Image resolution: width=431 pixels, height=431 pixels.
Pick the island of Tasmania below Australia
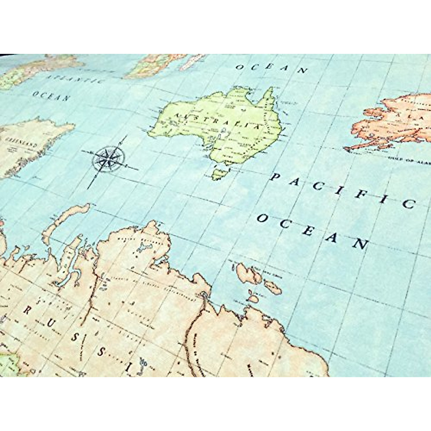[x=218, y=173]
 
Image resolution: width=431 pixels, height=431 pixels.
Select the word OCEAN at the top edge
[x=272, y=69]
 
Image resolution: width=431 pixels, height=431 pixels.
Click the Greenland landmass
[x=29, y=144]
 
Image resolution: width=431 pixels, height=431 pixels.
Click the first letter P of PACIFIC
[x=275, y=177]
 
